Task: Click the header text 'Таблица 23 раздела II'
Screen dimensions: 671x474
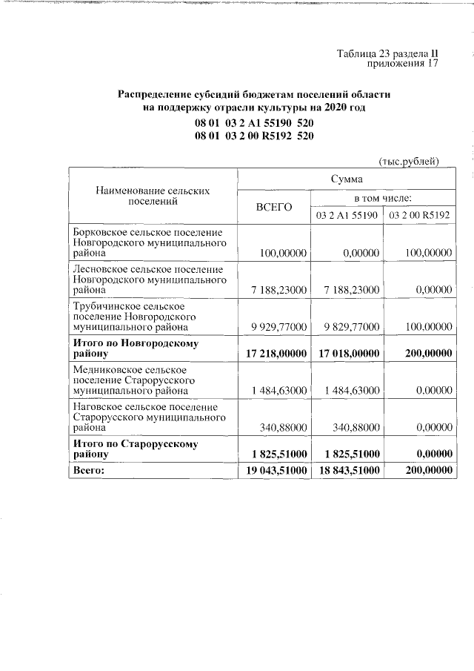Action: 388,53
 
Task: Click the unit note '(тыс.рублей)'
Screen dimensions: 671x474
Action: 410,161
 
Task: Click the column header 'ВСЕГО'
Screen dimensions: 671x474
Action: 273,206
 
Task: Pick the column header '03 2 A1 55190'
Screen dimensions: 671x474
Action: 347,215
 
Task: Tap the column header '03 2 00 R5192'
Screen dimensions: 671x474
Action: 420,215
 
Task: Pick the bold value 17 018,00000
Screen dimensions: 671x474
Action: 347,354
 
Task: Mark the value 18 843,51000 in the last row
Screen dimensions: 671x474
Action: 347,470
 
